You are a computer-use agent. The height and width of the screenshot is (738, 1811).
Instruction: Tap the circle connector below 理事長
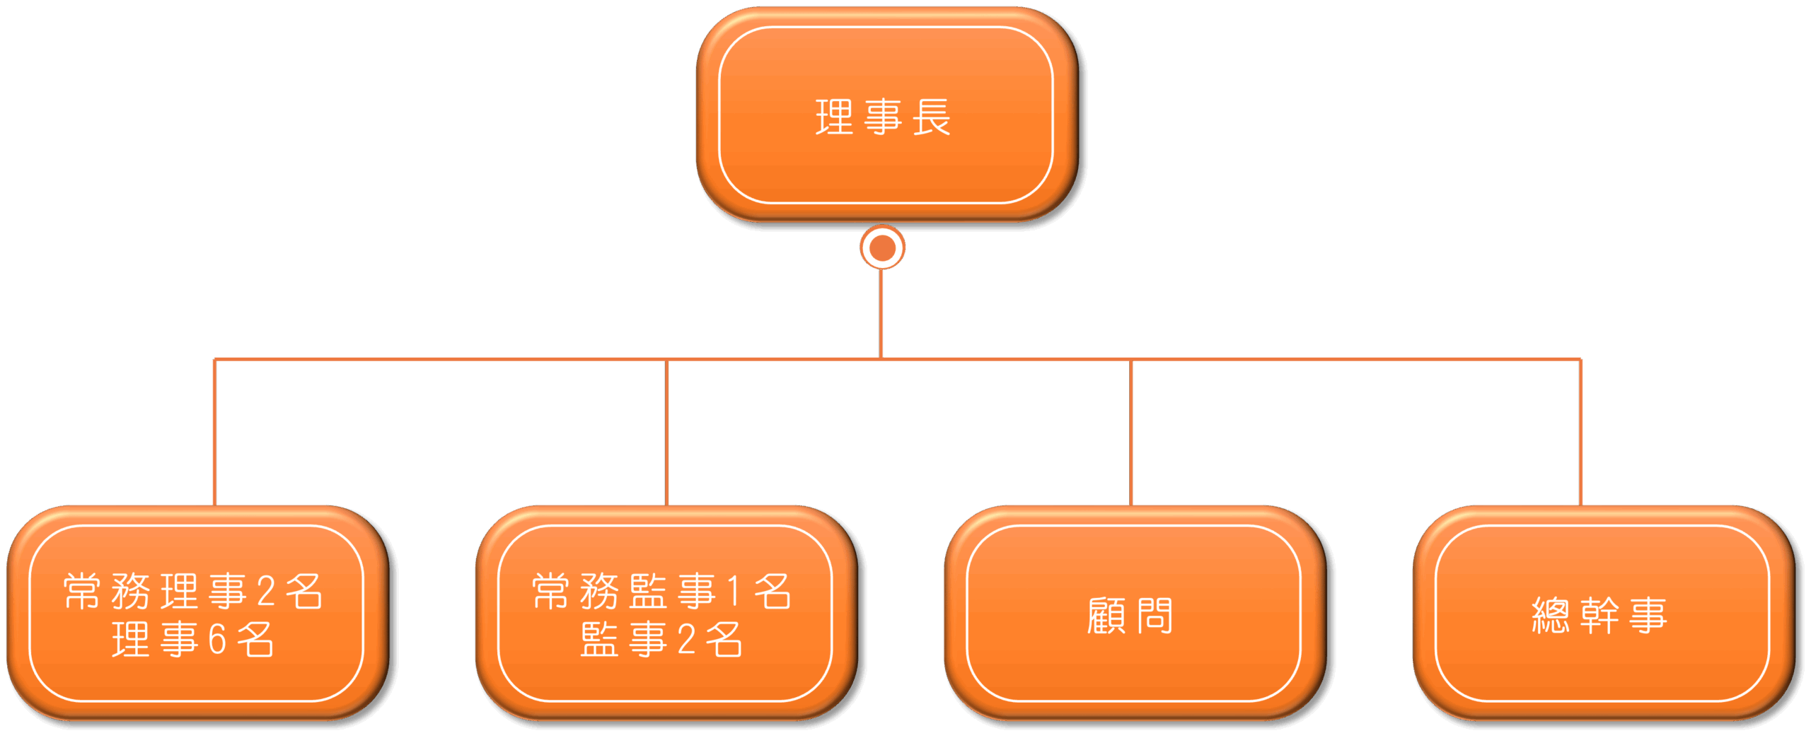click(882, 247)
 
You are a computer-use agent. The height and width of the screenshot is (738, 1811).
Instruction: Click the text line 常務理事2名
click(193, 592)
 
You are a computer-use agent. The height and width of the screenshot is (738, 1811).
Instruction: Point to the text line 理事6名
click(193, 640)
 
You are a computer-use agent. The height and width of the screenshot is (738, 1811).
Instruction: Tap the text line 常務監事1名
click(661, 592)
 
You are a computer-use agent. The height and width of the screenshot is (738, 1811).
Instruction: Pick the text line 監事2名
click(661, 640)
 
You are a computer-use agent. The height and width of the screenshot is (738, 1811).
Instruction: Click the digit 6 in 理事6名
click(217, 640)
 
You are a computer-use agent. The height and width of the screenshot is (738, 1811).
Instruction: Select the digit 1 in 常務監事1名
click(734, 592)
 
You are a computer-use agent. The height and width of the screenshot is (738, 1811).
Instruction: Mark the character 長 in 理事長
click(932, 117)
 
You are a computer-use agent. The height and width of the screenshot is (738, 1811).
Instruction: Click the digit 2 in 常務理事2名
click(266, 592)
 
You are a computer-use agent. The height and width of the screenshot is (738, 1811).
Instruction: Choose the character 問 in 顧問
click(1155, 616)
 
